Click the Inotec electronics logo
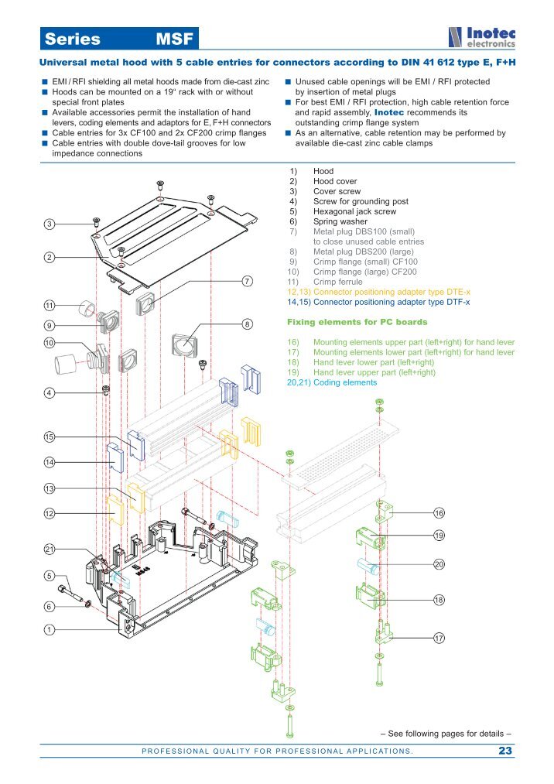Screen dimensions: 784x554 coord(481,37)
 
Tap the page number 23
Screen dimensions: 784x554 coord(506,751)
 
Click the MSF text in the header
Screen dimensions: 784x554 coord(174,39)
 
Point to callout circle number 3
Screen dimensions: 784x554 coord(49,224)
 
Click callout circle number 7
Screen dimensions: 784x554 coord(247,280)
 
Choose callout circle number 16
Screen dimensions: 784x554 coord(439,513)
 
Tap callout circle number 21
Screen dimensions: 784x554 coord(49,549)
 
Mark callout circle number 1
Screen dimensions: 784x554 coord(49,630)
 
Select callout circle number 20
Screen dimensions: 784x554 coord(439,564)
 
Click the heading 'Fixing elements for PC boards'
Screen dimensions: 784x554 coord(357,321)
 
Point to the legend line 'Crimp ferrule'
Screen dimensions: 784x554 coord(337,282)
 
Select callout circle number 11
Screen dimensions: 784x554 coord(49,305)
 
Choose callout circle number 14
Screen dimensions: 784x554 coord(49,462)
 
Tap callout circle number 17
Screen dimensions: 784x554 coord(439,638)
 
